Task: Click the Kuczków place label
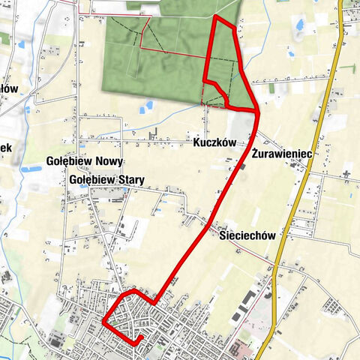coord(214,142)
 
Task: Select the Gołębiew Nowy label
coord(85,162)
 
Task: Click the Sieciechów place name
coord(249,235)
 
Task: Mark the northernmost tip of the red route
coord(216,16)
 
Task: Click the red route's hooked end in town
coord(140,340)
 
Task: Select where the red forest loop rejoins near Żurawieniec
coord(256,112)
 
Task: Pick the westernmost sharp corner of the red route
coord(103,322)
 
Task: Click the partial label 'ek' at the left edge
coord(5,148)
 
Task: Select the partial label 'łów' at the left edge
coord(7,88)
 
